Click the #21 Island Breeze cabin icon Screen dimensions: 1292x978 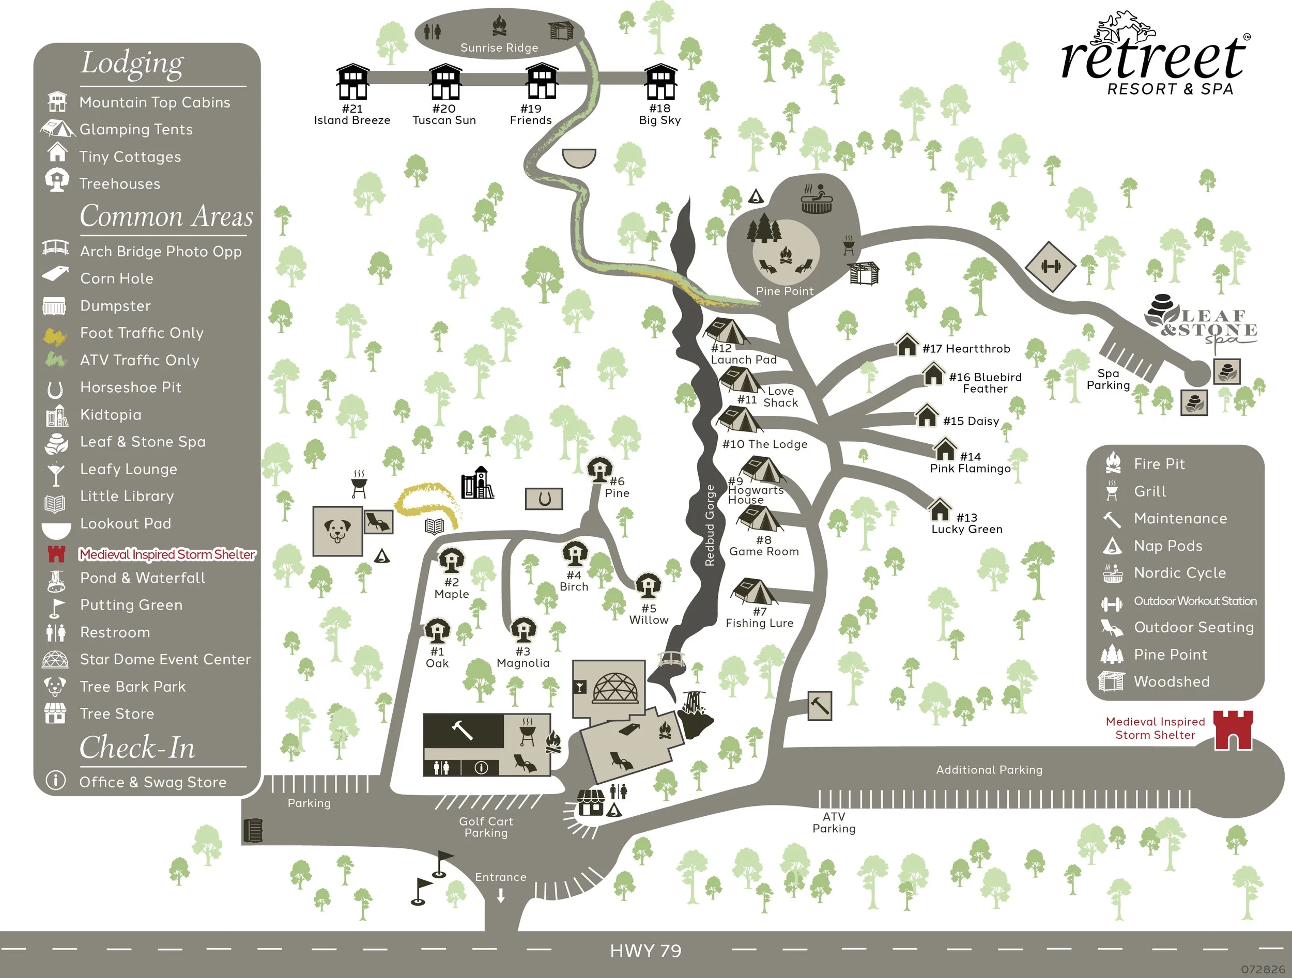[x=353, y=82]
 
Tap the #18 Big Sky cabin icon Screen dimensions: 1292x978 [x=660, y=82]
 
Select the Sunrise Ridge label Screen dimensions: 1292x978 [x=499, y=48]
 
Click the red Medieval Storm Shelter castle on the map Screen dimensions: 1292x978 [x=1234, y=730]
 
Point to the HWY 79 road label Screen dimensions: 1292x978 [x=645, y=951]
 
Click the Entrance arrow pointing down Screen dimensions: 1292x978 [x=501, y=896]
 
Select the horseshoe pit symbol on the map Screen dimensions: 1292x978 [x=544, y=499]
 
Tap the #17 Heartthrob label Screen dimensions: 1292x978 [x=966, y=349]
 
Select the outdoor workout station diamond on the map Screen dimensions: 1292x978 [x=1050, y=267]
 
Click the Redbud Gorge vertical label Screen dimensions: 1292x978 [x=710, y=525]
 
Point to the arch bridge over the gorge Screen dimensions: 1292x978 [x=671, y=659]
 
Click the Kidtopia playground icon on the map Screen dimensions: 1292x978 [x=477, y=483]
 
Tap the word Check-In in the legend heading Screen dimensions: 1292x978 [x=137, y=748]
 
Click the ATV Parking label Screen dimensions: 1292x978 [x=834, y=822]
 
